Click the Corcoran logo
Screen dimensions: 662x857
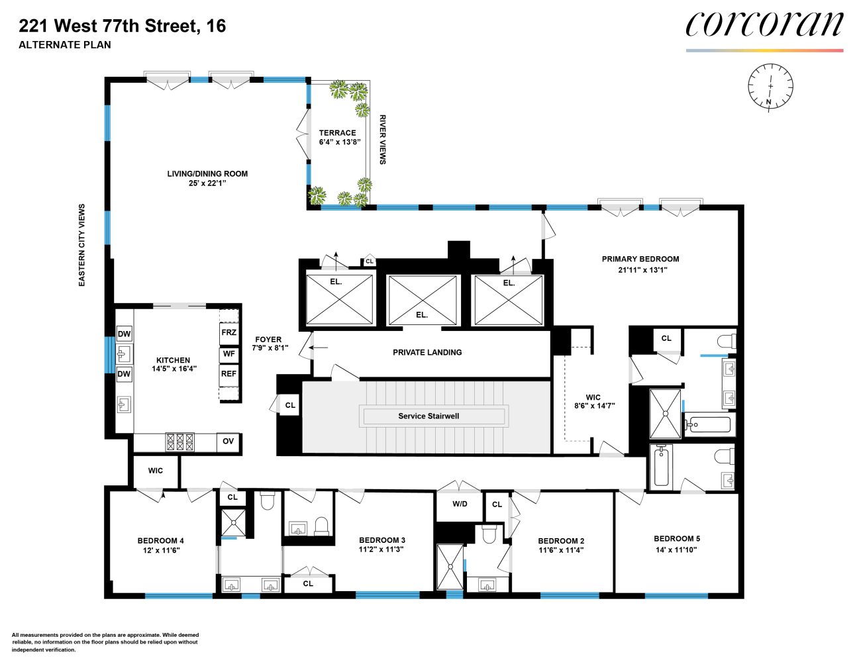click(x=764, y=25)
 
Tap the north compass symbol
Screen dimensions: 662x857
click(x=770, y=87)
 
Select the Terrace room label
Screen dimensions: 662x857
click(x=338, y=133)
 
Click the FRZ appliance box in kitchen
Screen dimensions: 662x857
click(x=228, y=333)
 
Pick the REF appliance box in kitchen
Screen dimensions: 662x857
click(x=228, y=374)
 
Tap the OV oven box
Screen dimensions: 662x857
click(x=228, y=442)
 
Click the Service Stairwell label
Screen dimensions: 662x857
click(x=428, y=416)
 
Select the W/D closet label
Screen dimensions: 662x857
click(x=460, y=504)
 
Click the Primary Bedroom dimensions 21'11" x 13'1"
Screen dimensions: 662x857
click(x=642, y=270)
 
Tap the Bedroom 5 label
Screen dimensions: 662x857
click(x=677, y=539)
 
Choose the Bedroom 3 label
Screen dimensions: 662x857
click(x=382, y=540)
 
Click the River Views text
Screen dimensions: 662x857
click(x=382, y=140)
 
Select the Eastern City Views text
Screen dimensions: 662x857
click(x=82, y=245)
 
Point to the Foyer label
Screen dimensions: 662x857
click(x=268, y=340)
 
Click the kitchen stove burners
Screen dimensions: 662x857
click(x=180, y=442)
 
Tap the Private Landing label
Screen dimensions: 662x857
click(x=427, y=353)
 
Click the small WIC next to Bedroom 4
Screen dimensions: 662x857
click(x=156, y=471)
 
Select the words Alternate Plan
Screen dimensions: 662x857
click(x=65, y=45)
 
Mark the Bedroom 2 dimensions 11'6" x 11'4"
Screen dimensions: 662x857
click(x=561, y=550)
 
